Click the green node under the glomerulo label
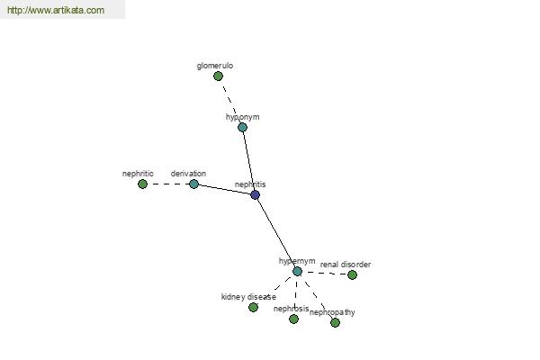click(x=218, y=76)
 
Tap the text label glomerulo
click(x=215, y=66)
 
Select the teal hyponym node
click(x=242, y=128)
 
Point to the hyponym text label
click(x=242, y=117)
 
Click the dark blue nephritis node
click(x=255, y=195)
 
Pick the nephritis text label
click(x=250, y=184)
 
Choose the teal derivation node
click(x=193, y=184)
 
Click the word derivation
click(x=188, y=174)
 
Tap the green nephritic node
click(x=142, y=184)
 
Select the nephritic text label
click(x=138, y=174)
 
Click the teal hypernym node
click(x=297, y=272)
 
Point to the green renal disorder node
click(x=352, y=274)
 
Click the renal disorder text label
click(x=346, y=265)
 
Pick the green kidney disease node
click(x=253, y=307)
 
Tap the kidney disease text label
click(x=248, y=297)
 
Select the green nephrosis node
click(x=293, y=319)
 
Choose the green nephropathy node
click(x=335, y=322)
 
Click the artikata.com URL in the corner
click(x=56, y=10)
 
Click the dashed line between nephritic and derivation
click(x=168, y=184)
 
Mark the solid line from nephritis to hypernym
click(x=276, y=233)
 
